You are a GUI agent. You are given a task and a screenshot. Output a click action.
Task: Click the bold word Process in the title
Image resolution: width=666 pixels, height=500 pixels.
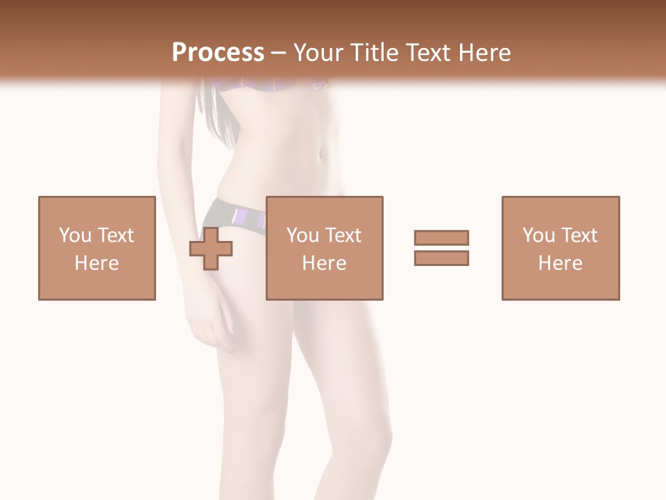point(218,53)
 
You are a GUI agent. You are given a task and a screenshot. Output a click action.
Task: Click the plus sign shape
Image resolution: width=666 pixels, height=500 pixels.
point(211,249)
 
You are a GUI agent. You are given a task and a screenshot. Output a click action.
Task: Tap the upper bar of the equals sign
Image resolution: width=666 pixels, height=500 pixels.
point(441,237)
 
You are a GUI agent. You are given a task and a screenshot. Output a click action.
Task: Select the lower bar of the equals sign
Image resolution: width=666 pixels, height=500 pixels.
point(441,258)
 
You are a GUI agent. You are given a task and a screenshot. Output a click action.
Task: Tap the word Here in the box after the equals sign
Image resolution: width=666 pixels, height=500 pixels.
point(560,263)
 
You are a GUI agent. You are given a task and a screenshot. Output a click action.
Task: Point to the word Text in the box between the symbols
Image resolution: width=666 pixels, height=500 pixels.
point(344,235)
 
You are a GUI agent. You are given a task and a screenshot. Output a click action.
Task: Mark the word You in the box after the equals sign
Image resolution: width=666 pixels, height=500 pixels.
point(538,235)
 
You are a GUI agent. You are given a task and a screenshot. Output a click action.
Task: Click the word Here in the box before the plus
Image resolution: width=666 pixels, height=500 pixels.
point(96,263)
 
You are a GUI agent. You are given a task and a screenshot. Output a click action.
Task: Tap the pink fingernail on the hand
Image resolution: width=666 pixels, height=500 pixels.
point(233,330)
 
